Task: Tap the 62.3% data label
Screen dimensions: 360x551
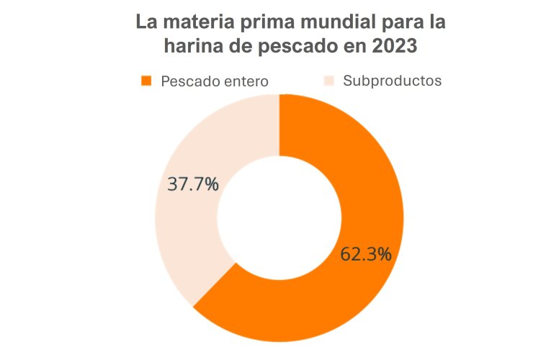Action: (x=367, y=253)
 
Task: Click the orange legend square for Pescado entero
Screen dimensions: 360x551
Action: (x=147, y=81)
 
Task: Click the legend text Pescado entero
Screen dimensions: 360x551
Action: (x=215, y=81)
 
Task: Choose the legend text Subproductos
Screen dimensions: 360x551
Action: (x=393, y=81)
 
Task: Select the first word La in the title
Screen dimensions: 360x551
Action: (x=147, y=22)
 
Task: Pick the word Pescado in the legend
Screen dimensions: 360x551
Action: (x=187, y=81)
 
